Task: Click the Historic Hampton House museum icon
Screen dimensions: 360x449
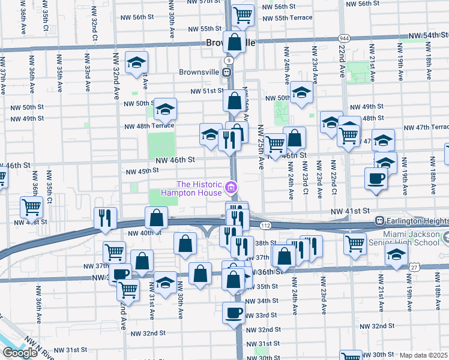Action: (230, 190)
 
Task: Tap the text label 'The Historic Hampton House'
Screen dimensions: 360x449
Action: (199, 189)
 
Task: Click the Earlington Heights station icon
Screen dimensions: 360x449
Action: (379, 221)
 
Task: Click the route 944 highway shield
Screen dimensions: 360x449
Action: (343, 37)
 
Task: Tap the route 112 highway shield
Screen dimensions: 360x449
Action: (265, 224)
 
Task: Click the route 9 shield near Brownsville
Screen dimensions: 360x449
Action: (229, 61)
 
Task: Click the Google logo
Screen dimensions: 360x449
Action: (20, 352)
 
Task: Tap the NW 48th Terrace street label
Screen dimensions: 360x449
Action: (149, 126)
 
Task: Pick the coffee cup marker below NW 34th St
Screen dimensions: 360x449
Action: (234, 313)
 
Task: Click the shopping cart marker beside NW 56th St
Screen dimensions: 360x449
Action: (242, 14)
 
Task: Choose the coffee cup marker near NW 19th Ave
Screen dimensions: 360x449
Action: (376, 179)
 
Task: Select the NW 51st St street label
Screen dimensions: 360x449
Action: (207, 91)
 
